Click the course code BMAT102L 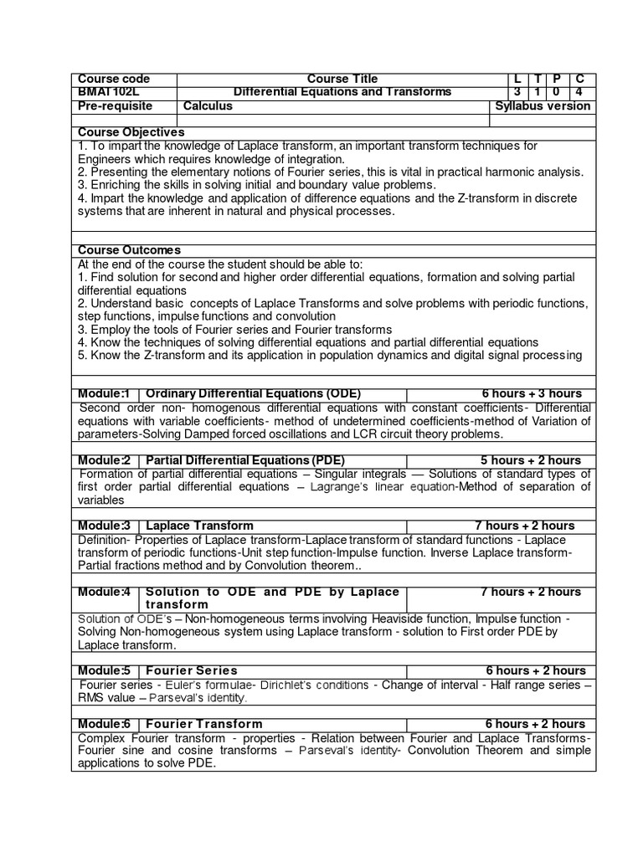[x=108, y=92]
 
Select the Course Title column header [x=342, y=79]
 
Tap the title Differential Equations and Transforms [x=342, y=92]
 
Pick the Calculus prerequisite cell [x=207, y=106]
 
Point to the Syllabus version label [x=543, y=106]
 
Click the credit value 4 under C [x=579, y=92]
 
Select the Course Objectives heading [x=131, y=132]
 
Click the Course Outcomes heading [x=129, y=250]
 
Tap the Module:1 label [x=105, y=394]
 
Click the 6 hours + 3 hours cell [x=532, y=394]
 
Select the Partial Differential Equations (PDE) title [x=244, y=460]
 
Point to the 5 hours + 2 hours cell [x=531, y=460]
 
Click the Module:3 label [x=105, y=526]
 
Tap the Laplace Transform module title [x=199, y=526]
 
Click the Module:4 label [x=105, y=592]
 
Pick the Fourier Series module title [x=192, y=670]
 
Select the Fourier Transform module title [x=203, y=724]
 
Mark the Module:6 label [x=105, y=724]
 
